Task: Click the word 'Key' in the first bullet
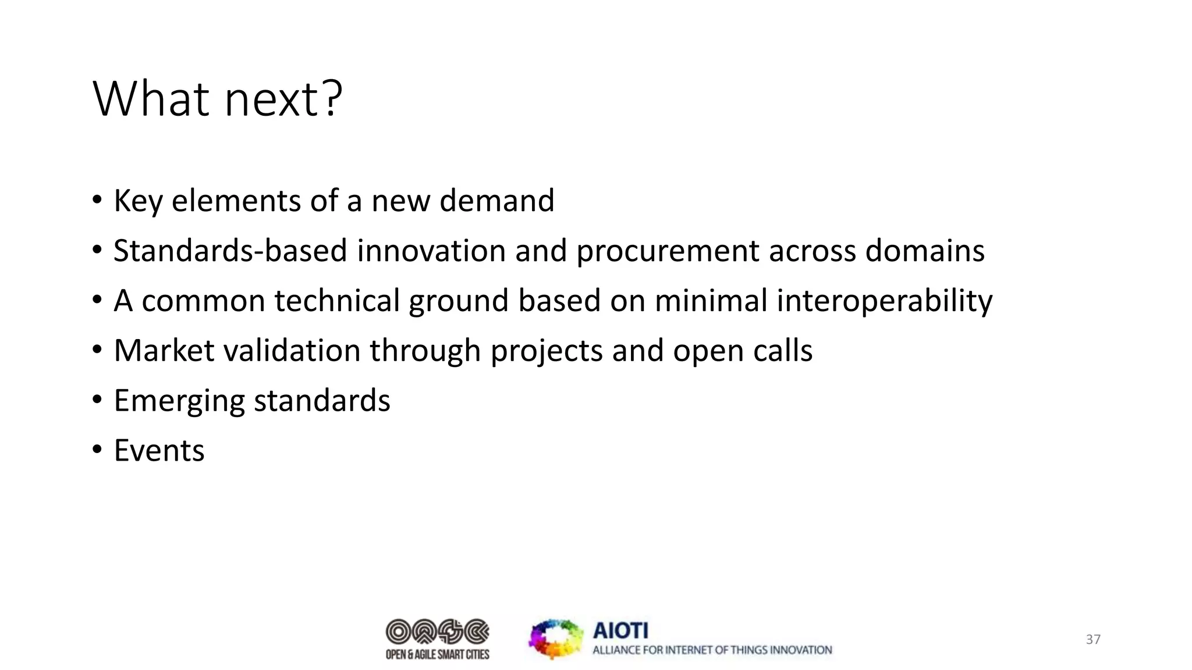coord(137,201)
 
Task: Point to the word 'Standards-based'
coord(230,251)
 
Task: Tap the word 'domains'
coord(924,251)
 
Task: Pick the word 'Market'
coord(164,351)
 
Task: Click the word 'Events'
coord(159,451)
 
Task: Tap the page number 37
coord(1093,640)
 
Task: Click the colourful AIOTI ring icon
coord(556,639)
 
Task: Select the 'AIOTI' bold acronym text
coord(620,630)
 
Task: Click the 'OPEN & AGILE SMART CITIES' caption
coord(437,655)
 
